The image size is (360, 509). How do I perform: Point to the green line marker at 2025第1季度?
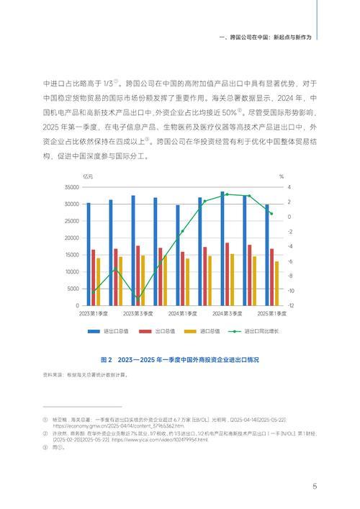click(271, 213)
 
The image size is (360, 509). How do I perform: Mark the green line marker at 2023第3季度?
click(138, 297)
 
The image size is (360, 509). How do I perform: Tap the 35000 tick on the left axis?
click(70, 186)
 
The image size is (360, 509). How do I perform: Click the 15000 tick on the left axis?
click(70, 255)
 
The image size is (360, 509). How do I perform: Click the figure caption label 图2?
click(107, 359)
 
